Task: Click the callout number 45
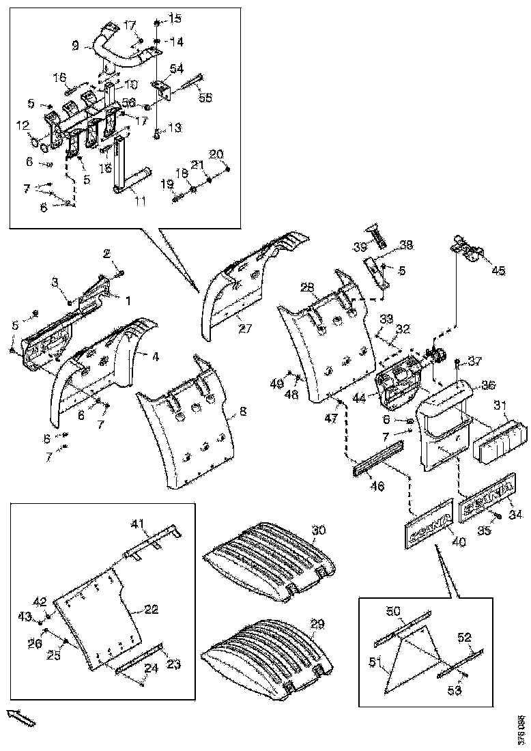pos(498,271)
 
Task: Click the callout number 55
pos(205,98)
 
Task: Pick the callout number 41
pos(139,524)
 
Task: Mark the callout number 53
pos(455,690)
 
